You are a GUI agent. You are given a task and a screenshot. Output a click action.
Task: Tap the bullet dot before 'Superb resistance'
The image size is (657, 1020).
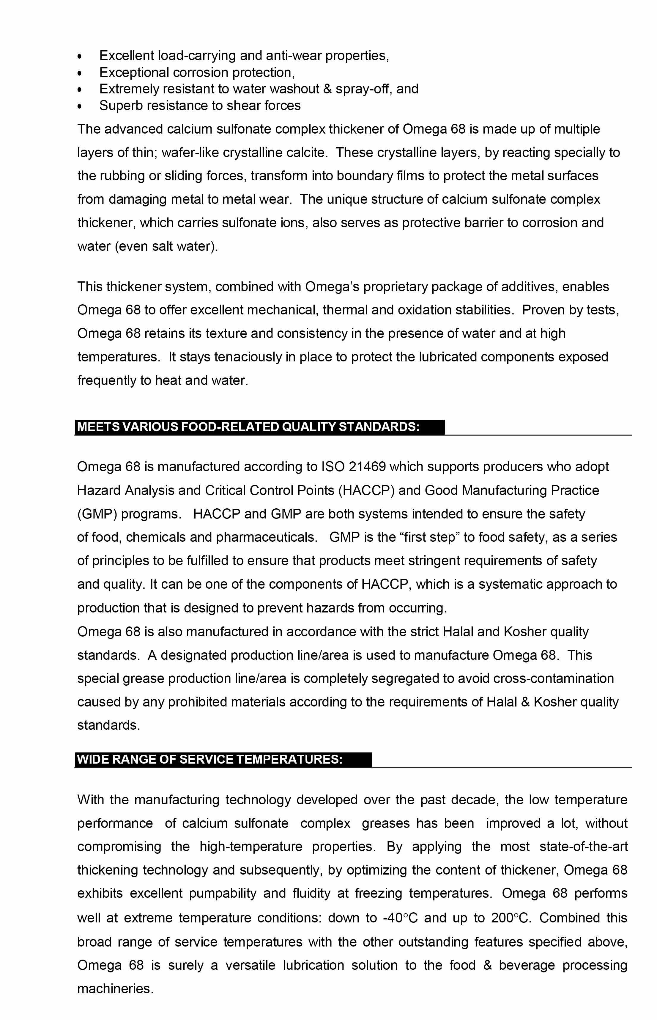79,106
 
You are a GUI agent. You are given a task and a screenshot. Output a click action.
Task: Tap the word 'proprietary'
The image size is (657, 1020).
395,286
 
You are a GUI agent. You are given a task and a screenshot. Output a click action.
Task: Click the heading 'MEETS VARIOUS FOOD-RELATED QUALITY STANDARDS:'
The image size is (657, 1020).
248,427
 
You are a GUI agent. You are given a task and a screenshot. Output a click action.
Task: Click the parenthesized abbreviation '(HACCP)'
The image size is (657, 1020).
366,490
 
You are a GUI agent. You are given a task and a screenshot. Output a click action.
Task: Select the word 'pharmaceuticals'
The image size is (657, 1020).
266,537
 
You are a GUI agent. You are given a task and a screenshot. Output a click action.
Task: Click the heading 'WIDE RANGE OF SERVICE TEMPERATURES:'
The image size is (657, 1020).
209,759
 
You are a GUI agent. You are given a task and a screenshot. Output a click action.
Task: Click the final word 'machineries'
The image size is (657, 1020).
115,988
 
